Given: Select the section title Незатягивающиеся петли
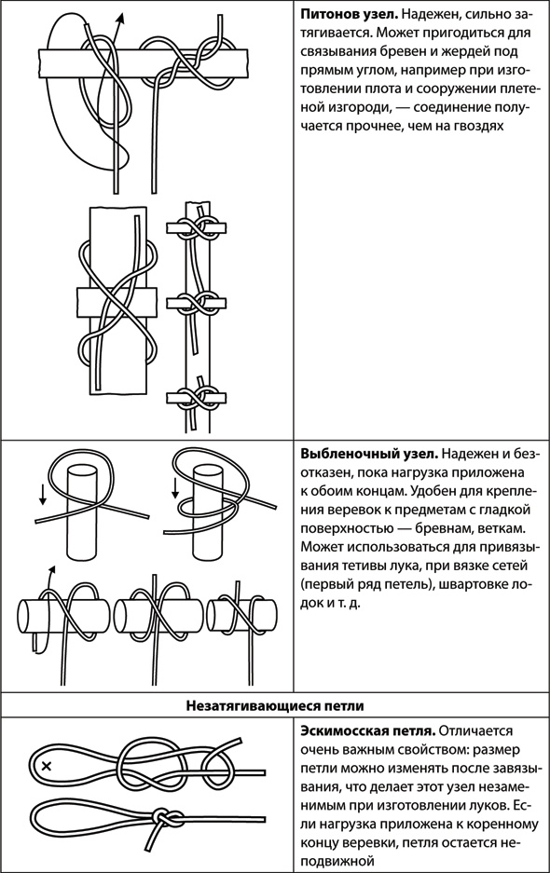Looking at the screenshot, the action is point(275,706).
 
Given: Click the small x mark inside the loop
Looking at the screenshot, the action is point(47,766).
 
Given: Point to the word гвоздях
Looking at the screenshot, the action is point(481,126).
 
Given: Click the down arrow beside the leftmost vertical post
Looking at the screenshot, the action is point(42,495).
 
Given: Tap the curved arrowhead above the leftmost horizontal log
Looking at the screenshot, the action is point(52,570).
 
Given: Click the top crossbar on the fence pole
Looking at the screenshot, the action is point(197,227).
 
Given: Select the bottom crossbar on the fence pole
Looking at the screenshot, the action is point(197,398).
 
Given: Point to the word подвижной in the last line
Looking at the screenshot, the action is point(337,861).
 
